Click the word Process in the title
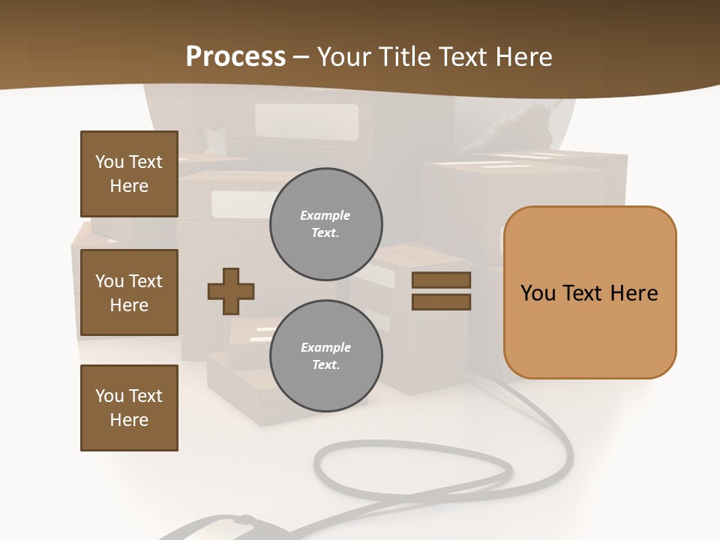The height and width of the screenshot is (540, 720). point(235,57)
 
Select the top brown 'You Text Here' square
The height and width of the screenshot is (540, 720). point(129,174)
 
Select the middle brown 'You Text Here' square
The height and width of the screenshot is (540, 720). point(129,292)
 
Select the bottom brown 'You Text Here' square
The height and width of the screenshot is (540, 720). point(129,407)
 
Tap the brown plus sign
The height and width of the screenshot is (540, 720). point(231,291)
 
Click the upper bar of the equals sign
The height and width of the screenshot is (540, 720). point(441,280)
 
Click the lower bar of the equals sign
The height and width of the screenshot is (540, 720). point(441,302)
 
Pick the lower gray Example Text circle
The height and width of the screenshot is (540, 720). point(325,356)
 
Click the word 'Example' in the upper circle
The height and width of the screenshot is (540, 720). point(325,215)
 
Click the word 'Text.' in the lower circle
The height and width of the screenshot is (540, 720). point(325,365)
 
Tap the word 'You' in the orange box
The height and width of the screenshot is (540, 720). point(537,293)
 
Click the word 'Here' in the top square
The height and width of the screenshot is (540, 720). point(129,186)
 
